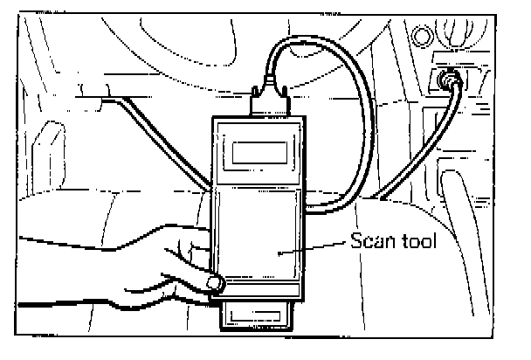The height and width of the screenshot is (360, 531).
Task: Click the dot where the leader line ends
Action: pos(279,252)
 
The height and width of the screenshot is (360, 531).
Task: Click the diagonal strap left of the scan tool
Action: pos(166,144)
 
